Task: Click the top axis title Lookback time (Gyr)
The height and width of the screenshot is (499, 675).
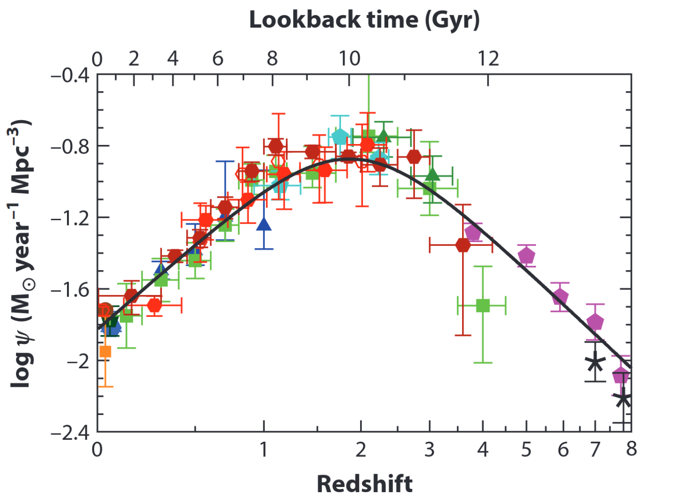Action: point(364,20)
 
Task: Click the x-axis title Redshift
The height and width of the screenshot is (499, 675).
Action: point(364,484)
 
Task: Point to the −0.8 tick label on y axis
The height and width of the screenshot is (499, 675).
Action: point(70,146)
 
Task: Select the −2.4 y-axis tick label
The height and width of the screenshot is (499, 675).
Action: point(70,432)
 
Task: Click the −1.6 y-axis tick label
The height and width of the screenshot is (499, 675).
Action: point(70,290)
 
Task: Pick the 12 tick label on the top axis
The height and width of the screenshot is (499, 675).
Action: point(488,59)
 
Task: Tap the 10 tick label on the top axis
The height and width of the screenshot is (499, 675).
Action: point(349,59)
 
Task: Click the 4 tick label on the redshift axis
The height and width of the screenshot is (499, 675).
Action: point(482,450)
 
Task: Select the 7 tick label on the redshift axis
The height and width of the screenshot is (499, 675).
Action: point(595,450)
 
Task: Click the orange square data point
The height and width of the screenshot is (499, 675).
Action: point(105,352)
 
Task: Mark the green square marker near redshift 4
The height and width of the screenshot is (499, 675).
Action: point(483,305)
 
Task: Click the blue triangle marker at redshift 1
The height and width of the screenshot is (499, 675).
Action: point(264,224)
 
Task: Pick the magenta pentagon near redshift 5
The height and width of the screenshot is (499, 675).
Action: point(526,255)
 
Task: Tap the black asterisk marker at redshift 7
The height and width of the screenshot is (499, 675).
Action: point(595,363)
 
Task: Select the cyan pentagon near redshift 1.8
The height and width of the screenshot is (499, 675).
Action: point(340,136)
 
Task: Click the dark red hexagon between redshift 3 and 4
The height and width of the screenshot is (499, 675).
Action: point(463,245)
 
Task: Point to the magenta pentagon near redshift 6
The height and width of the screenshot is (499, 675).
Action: point(560,297)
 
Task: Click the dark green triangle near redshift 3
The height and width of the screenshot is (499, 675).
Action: point(432,174)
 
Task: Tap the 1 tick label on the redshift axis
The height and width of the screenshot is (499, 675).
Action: point(263,450)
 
